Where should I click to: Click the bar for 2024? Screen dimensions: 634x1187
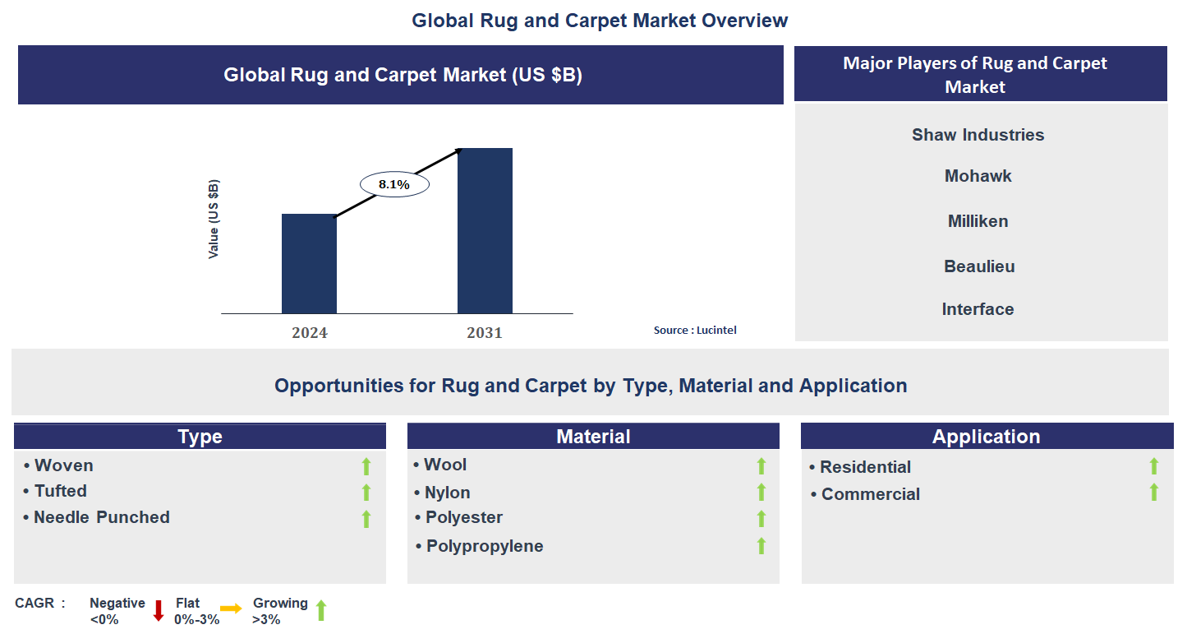click(309, 264)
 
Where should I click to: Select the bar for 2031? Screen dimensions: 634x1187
click(485, 231)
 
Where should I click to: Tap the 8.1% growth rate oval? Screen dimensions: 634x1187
click(394, 185)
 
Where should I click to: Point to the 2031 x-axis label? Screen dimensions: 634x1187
click(485, 333)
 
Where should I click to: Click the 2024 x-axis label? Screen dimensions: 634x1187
click(309, 333)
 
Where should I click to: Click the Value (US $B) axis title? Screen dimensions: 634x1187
click(214, 219)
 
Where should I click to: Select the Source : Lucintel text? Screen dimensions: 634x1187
click(695, 330)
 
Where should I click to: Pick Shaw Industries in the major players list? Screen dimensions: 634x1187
click(978, 135)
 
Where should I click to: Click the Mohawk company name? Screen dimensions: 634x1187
click(978, 176)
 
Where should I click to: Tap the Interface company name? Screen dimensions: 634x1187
click(978, 309)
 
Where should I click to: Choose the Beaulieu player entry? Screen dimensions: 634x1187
click(979, 266)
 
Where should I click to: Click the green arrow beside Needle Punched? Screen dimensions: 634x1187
click(366, 519)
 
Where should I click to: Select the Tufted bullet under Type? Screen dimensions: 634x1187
click(60, 491)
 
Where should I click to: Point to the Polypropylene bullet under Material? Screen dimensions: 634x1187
click(484, 546)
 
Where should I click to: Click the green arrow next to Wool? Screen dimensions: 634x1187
click(761, 465)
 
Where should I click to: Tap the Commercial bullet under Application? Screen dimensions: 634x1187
click(870, 494)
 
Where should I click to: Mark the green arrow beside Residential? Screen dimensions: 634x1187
click(1153, 466)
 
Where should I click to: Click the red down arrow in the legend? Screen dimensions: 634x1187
click(159, 610)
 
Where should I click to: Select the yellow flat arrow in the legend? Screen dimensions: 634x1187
click(231, 609)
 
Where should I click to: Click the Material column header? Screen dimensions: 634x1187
click(593, 437)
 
